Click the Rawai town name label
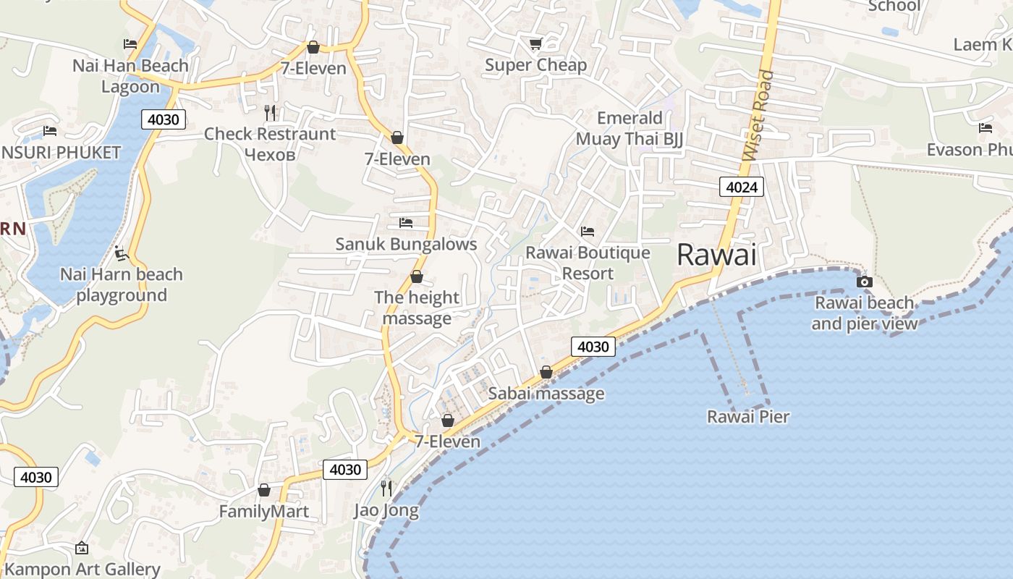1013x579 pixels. point(716,255)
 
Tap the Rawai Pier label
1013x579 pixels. point(748,417)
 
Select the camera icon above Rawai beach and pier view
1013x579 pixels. point(864,282)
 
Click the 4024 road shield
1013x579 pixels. point(742,187)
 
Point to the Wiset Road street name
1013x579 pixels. point(758,116)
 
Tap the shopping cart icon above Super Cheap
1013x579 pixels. point(535,44)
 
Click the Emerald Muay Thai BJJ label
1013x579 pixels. point(630,128)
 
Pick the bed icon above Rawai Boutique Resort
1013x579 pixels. point(588,232)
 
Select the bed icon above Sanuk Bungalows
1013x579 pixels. point(406,222)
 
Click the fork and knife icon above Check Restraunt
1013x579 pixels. point(270,112)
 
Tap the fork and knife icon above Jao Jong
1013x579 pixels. point(386,489)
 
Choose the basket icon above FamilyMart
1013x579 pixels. point(264,490)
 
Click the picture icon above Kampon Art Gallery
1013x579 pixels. point(81,548)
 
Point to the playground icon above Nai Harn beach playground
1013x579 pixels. point(122,253)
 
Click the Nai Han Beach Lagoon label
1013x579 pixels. point(130,76)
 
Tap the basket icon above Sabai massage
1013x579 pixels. point(546,372)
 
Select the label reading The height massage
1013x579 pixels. point(417,308)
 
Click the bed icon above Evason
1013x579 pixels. point(986,128)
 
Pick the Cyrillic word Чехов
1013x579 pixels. point(270,154)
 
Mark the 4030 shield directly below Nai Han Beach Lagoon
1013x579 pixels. point(164,119)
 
